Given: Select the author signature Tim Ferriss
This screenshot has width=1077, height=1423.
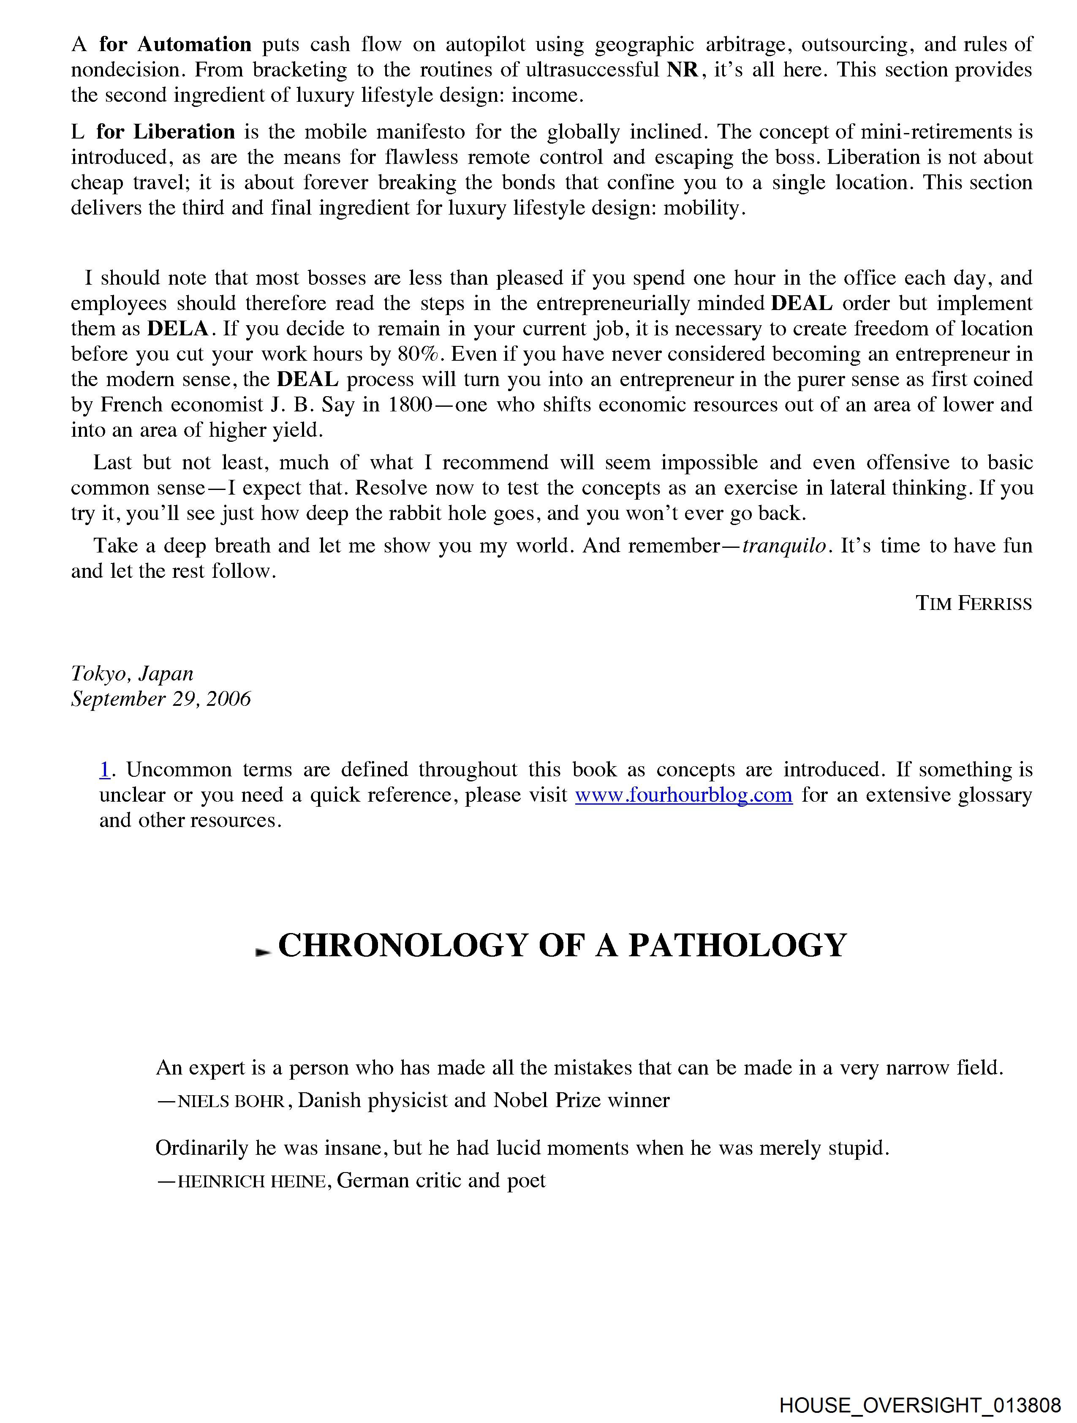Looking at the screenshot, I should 974,604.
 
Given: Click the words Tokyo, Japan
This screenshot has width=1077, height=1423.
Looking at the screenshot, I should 132,674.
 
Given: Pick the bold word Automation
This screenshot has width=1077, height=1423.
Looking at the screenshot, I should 194,44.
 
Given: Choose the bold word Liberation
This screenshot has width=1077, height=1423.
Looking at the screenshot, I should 184,132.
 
